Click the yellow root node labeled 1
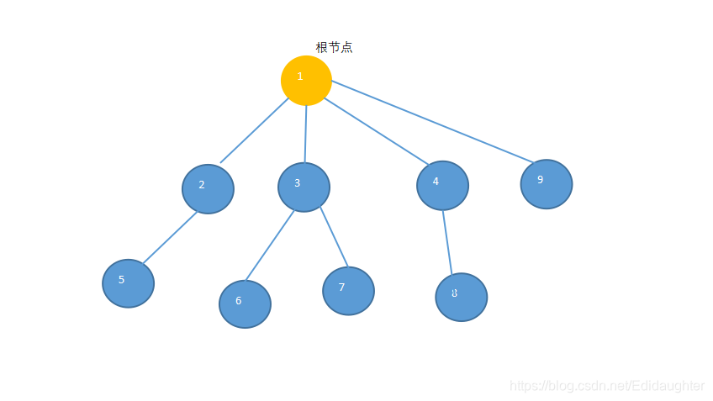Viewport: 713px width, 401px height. click(306, 81)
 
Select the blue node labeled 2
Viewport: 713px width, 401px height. click(208, 189)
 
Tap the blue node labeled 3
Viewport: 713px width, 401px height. click(304, 187)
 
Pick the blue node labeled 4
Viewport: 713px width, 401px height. click(442, 185)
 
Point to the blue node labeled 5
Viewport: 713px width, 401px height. click(128, 283)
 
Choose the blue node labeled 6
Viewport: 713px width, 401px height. click(245, 303)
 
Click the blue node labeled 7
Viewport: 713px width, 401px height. click(348, 291)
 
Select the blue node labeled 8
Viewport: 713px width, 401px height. click(461, 297)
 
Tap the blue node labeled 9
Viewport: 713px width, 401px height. click(546, 183)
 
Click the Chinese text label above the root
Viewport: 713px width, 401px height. click(334, 47)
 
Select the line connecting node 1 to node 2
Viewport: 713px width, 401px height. click(254, 130)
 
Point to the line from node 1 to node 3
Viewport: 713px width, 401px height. click(305, 134)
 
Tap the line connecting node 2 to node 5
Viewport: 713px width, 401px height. click(170, 238)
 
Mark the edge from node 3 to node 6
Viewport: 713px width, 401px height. click(269, 245)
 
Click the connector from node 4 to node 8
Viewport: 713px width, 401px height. click(447, 242)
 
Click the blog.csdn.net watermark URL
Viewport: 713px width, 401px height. click(607, 385)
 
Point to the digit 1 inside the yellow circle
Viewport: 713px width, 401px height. click(300, 77)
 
